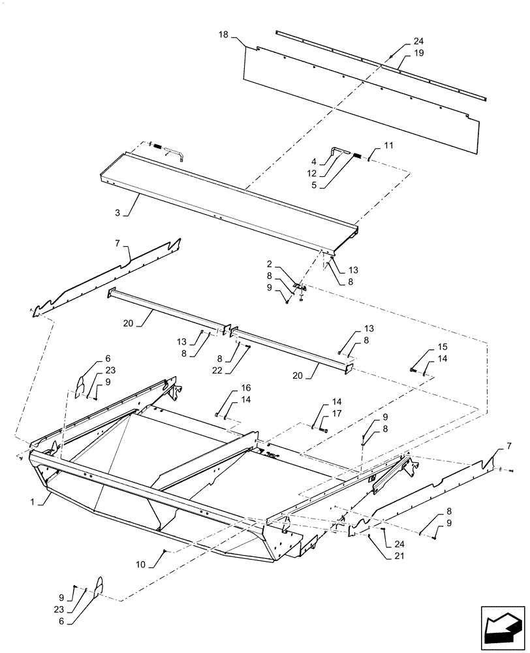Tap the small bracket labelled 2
297,287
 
